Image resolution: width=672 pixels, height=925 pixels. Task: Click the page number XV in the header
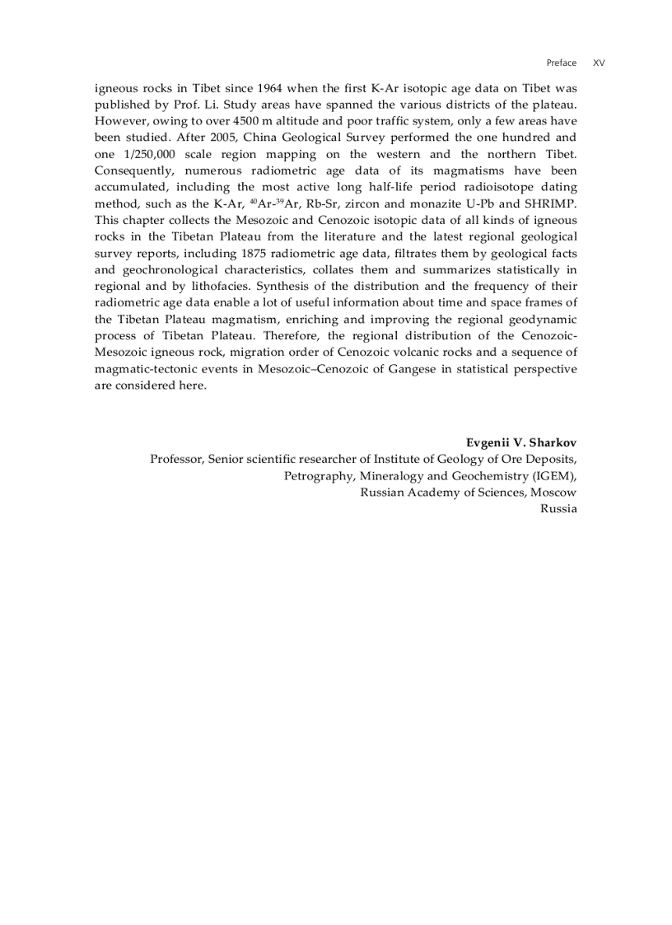599,63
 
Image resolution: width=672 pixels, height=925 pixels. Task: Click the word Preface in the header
562,63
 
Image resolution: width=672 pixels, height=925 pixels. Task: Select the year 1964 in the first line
270,88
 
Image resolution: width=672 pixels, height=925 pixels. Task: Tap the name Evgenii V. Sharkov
521,442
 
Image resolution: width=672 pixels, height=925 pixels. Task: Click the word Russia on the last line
558,508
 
